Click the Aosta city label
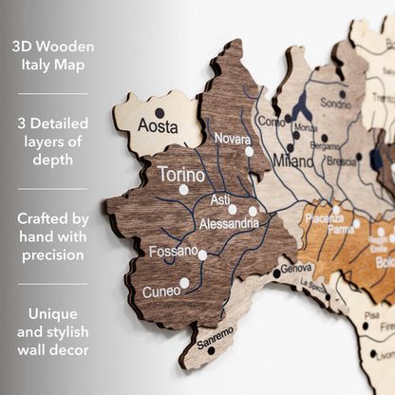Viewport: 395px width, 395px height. pyautogui.click(x=158, y=125)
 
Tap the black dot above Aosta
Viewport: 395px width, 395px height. pyautogui.click(x=160, y=113)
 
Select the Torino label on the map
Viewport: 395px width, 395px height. pyautogui.click(x=180, y=175)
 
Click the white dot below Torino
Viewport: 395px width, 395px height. pyautogui.click(x=183, y=190)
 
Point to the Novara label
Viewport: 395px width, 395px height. pyautogui.click(x=233, y=139)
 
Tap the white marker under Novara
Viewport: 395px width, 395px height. pyautogui.click(x=249, y=151)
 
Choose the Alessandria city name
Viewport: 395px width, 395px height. pyautogui.click(x=229, y=223)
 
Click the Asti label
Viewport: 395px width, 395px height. pyautogui.click(x=219, y=199)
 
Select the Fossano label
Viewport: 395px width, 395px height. pyautogui.click(x=173, y=251)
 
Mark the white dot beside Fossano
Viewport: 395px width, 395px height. pyautogui.click(x=202, y=254)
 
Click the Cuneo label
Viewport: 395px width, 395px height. pyautogui.click(x=161, y=292)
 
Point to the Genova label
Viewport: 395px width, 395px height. pyautogui.click(x=296, y=269)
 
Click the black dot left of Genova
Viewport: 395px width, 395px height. pyautogui.click(x=277, y=273)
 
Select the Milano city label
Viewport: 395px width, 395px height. pyautogui.click(x=293, y=161)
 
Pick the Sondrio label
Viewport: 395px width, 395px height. pyautogui.click(x=335, y=103)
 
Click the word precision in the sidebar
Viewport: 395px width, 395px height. pyautogui.click(x=53, y=254)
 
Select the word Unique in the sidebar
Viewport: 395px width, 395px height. pyautogui.click(x=53, y=312)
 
